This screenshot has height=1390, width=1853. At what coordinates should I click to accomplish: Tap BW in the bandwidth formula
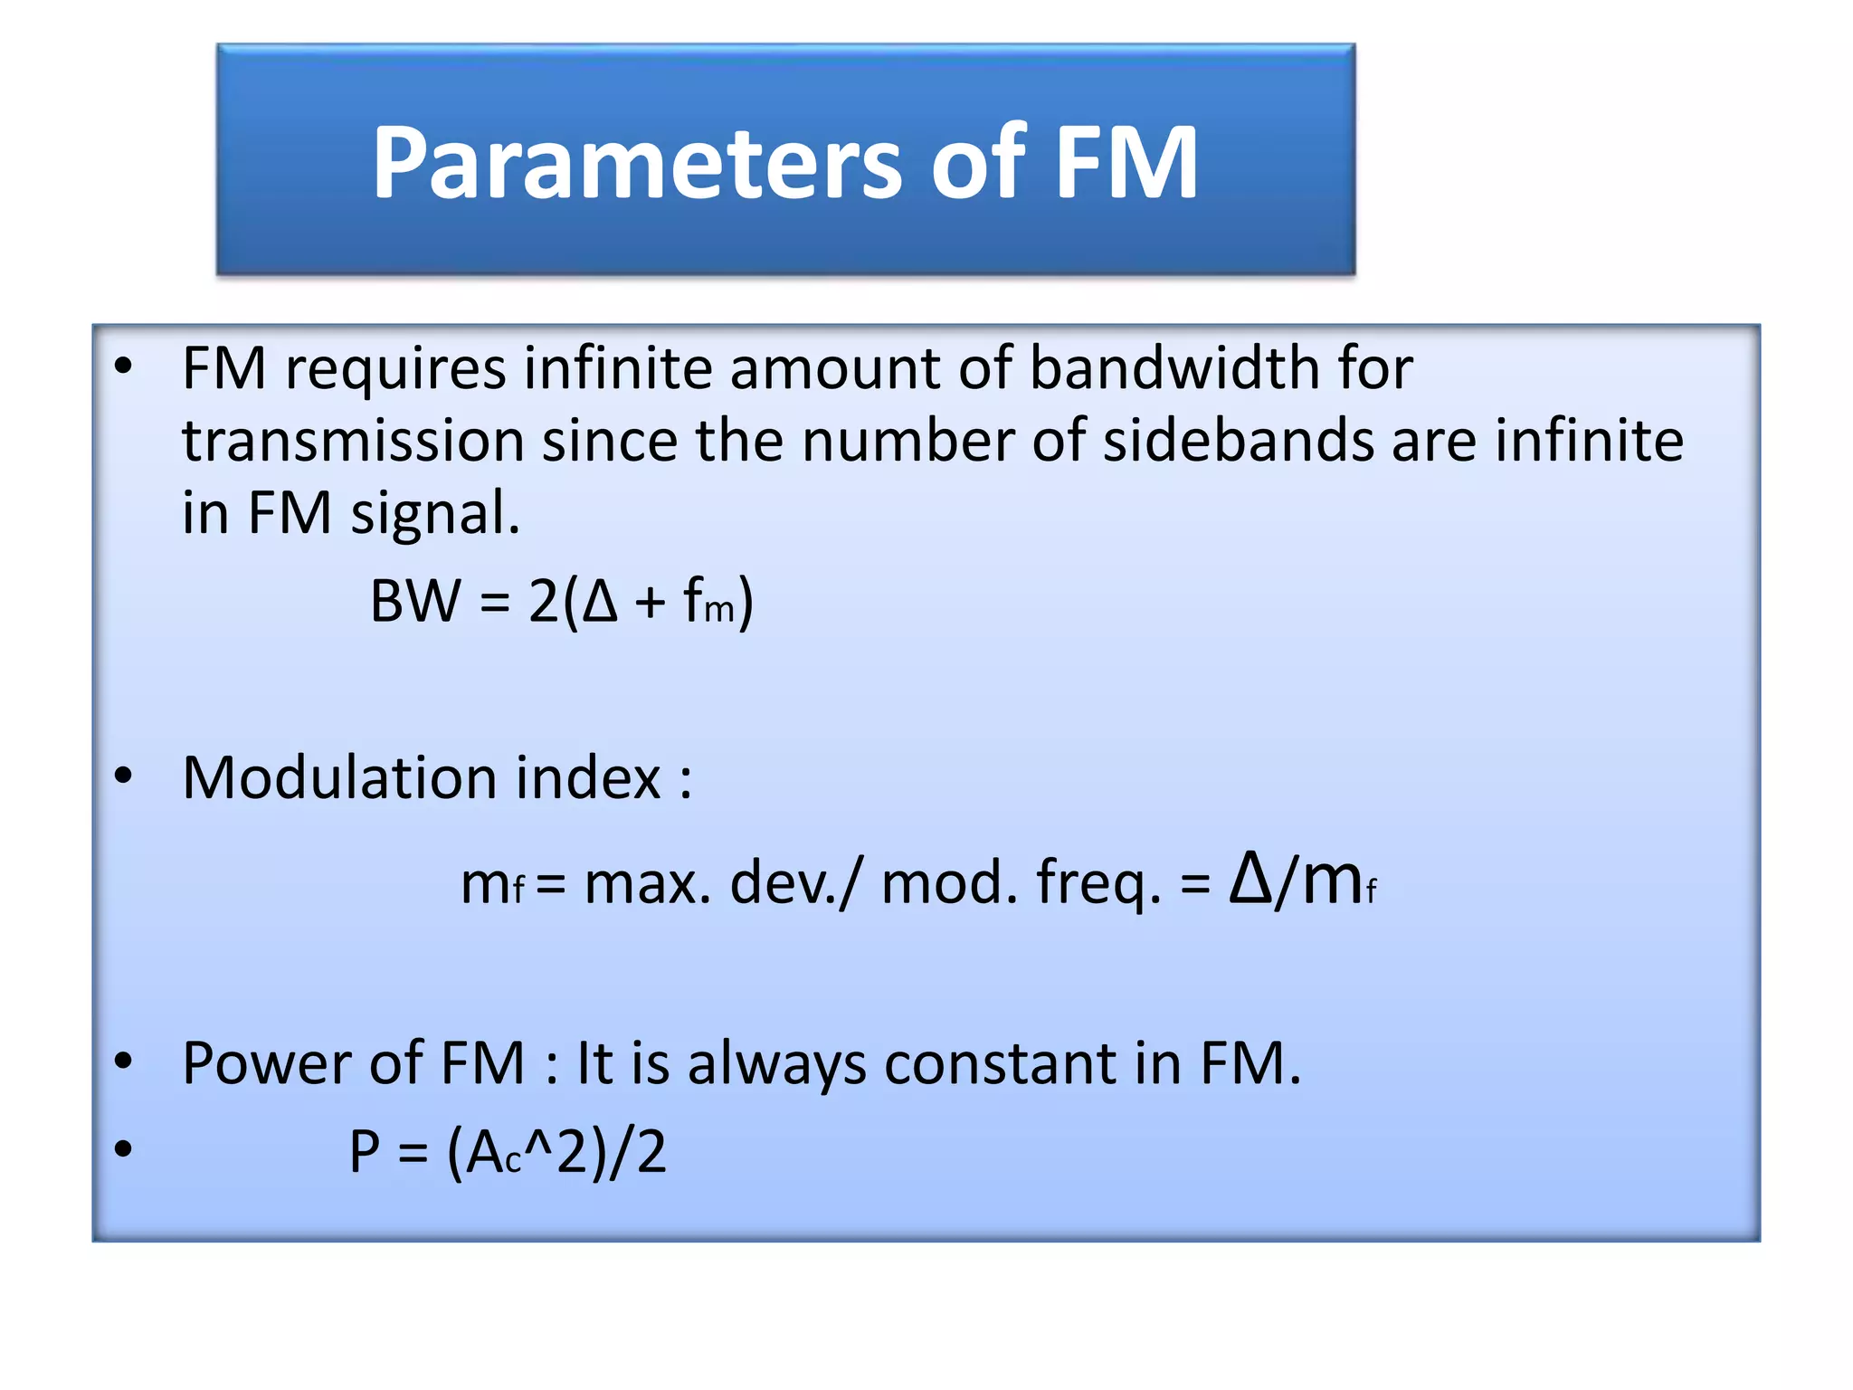[415, 601]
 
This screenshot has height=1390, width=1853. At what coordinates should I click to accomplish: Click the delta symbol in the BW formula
[600, 601]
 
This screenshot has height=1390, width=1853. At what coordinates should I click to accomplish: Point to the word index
[588, 777]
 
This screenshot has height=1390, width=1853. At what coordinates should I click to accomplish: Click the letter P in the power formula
[365, 1152]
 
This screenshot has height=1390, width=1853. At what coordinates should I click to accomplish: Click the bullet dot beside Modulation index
[124, 776]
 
